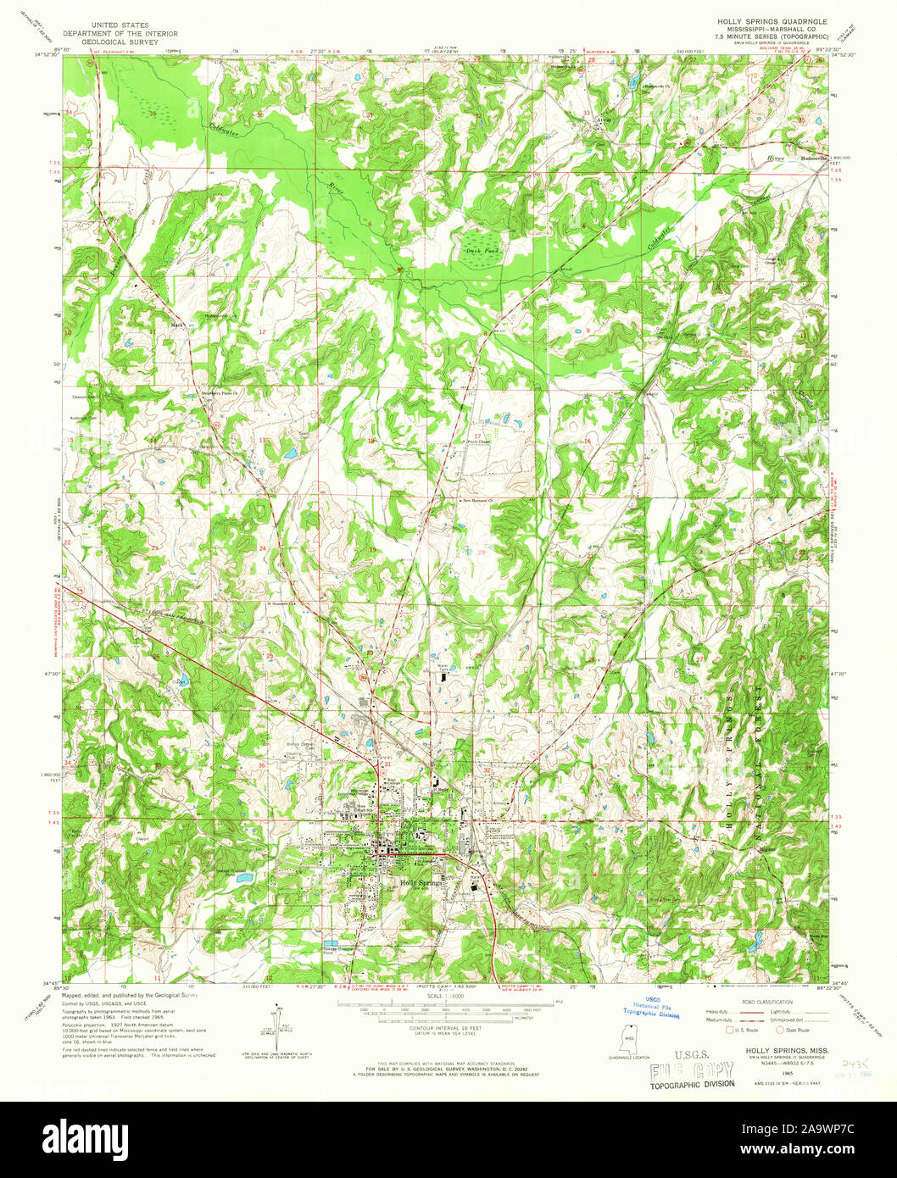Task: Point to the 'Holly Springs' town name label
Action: coord(421,883)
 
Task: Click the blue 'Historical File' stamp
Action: coord(651,1007)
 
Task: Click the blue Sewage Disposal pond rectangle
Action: coord(333,942)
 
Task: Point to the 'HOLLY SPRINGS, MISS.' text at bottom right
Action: coord(788,1050)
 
